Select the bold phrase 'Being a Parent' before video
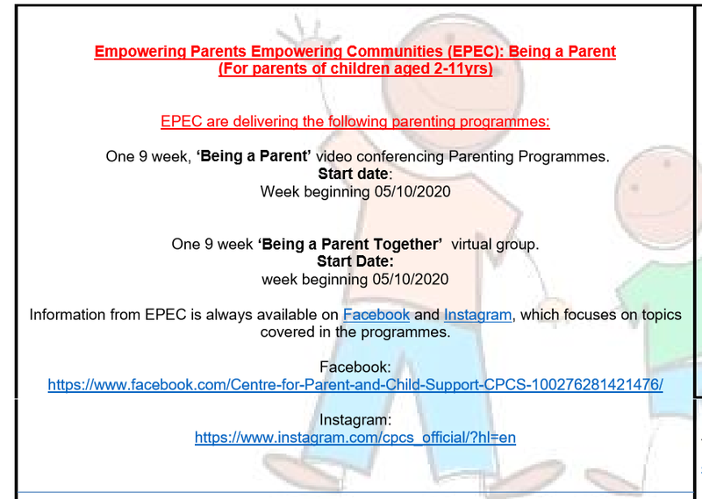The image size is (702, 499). pos(254,156)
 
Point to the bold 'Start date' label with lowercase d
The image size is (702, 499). pos(353,174)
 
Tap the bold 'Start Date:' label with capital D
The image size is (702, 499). pos(355,261)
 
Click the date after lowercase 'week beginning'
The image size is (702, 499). pos(410,279)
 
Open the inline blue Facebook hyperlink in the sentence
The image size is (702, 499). pos(376,315)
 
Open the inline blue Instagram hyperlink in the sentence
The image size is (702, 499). pos(477,315)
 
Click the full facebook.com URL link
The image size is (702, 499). pos(355,385)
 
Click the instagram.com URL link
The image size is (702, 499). pos(355,438)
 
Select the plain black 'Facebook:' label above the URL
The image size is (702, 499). pos(355,367)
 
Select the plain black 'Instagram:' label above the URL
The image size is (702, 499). pos(355,420)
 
